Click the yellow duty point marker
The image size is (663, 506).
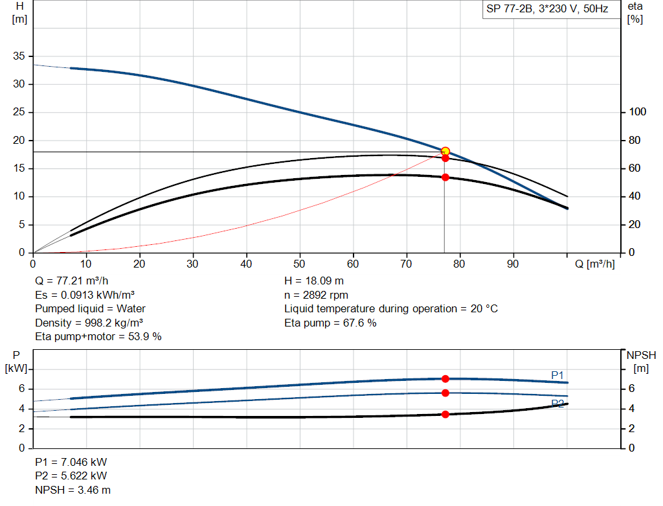[445, 151]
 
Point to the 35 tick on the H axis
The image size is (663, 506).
[18, 56]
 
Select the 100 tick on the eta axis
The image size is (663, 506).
[638, 113]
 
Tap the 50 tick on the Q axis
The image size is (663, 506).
[300, 264]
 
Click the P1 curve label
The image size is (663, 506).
[557, 375]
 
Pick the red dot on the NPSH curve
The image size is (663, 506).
[445, 414]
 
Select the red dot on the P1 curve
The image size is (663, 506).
[445, 379]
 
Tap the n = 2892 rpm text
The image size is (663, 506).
[316, 295]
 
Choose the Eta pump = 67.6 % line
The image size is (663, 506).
[330, 323]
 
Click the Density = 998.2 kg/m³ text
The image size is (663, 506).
[89, 323]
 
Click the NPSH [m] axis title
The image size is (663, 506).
[641, 362]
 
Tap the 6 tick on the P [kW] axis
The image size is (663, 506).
[21, 389]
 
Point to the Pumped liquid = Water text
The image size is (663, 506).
[91, 308]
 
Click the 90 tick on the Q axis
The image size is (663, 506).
[513, 264]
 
